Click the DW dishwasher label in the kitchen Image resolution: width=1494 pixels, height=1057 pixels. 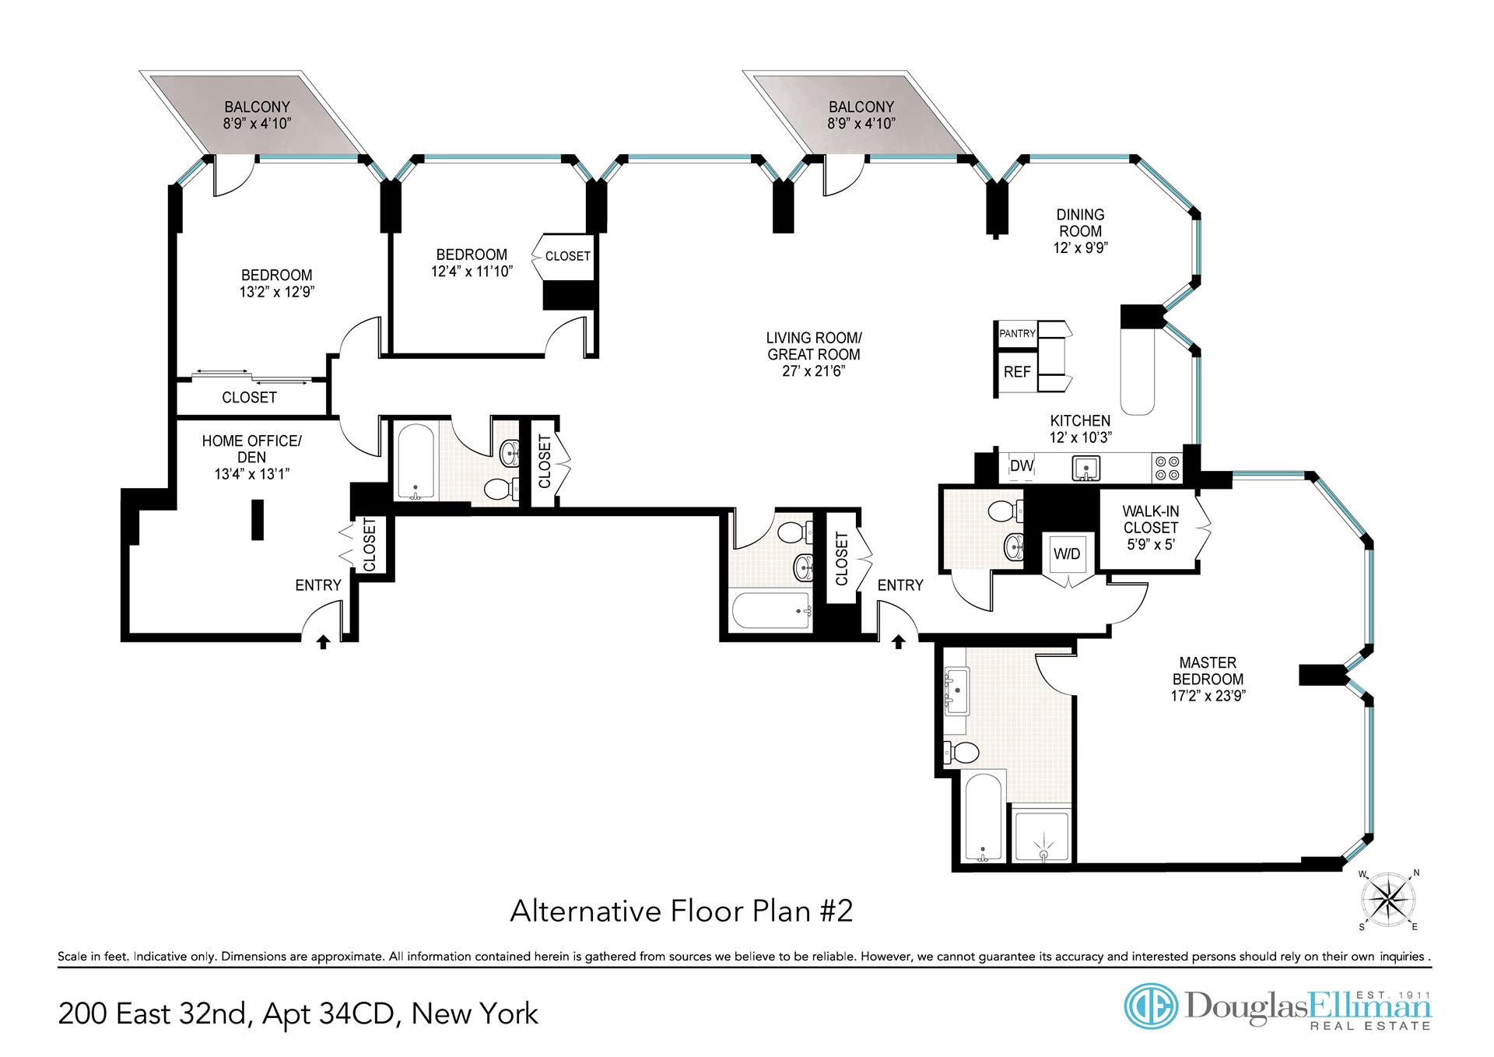pyautogui.click(x=1021, y=466)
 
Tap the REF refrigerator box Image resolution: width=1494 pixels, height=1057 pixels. pyautogui.click(x=1017, y=372)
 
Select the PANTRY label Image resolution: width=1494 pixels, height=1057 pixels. pyautogui.click(x=1018, y=333)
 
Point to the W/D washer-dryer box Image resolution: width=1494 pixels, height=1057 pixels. pyautogui.click(x=1067, y=553)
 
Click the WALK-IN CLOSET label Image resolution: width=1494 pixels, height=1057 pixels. pyautogui.click(x=1151, y=528)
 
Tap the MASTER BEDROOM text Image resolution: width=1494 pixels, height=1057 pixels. pyautogui.click(x=1208, y=671)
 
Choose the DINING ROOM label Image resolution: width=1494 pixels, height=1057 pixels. pyautogui.click(x=1080, y=223)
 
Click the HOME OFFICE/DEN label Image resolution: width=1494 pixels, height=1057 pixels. pyautogui.click(x=251, y=448)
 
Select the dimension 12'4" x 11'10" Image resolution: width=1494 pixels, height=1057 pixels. pyautogui.click(x=472, y=272)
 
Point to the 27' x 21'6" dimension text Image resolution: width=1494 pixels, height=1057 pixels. pyautogui.click(x=814, y=371)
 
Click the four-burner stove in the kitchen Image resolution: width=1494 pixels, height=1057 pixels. pyautogui.click(x=1166, y=468)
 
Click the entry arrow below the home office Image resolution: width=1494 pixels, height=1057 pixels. pyautogui.click(x=324, y=641)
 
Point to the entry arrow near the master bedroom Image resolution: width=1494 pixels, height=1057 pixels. pyautogui.click(x=899, y=641)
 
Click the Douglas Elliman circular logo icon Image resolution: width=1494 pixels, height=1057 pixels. pyautogui.click(x=1152, y=1006)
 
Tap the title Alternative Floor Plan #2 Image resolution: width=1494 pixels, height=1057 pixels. pyautogui.click(x=682, y=911)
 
